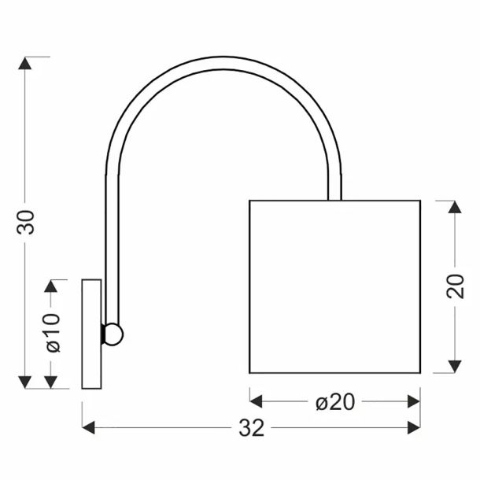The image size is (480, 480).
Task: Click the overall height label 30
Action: tap(26, 222)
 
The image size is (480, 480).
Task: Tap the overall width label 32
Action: tap(251, 427)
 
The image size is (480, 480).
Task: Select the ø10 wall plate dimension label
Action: tap(53, 333)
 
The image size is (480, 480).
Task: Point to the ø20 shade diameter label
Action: tap(335, 402)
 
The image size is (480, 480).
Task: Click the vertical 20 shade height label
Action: tap(455, 286)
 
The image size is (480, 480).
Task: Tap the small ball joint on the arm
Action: tap(113, 334)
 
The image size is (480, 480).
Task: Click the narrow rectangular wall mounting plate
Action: tap(91, 334)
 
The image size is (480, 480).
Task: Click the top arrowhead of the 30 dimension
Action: tap(25, 63)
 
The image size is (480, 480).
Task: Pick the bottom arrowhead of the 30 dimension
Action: tap(25, 382)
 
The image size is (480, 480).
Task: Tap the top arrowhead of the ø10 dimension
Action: tap(51, 286)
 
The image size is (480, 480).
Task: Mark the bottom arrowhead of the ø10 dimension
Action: tap(51, 382)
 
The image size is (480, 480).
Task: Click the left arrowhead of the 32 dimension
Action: tap(88, 427)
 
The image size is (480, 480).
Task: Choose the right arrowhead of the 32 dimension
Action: tap(414, 427)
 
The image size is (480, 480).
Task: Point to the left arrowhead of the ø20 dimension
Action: tap(257, 401)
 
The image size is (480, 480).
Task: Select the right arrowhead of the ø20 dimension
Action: tap(414, 401)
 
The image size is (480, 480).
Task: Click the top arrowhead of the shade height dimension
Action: tap(455, 207)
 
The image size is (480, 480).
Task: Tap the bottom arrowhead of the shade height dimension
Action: tap(455, 367)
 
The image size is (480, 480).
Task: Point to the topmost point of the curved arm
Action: tap(223, 57)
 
